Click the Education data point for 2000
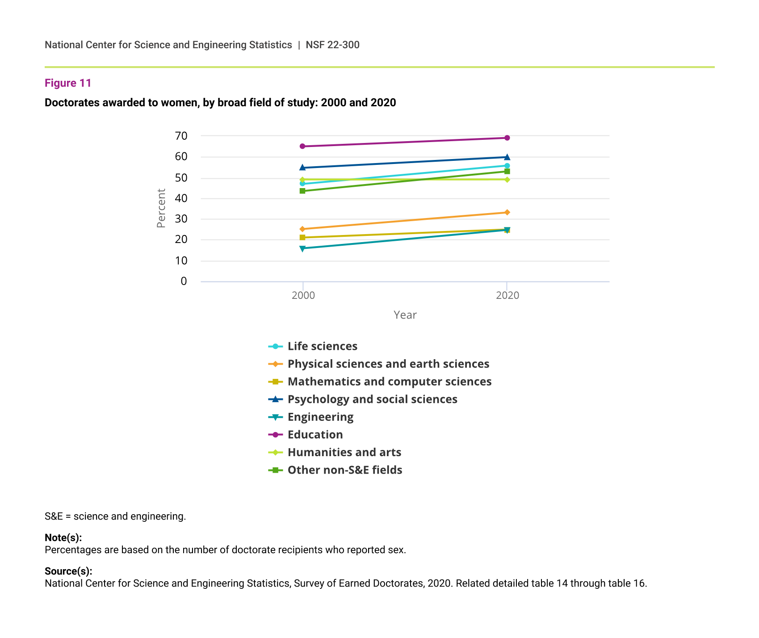tap(302, 146)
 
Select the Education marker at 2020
tap(507, 138)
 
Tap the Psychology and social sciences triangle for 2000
tap(302, 168)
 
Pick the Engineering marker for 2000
tap(302, 248)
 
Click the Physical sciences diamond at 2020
tap(507, 212)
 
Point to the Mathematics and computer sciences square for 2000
tap(302, 237)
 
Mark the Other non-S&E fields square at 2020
tap(507, 172)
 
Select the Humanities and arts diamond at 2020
tap(507, 180)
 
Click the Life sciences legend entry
tap(322, 346)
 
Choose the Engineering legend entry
tap(320, 417)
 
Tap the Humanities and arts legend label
tap(344, 452)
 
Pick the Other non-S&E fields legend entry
tap(344, 470)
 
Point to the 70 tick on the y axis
tap(181, 136)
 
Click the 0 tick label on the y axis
tap(184, 281)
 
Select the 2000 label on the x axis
tap(303, 295)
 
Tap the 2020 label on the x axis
tap(507, 295)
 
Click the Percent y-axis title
tap(161, 208)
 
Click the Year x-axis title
tap(405, 315)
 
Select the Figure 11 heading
tap(68, 83)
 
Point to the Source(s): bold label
tap(68, 571)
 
